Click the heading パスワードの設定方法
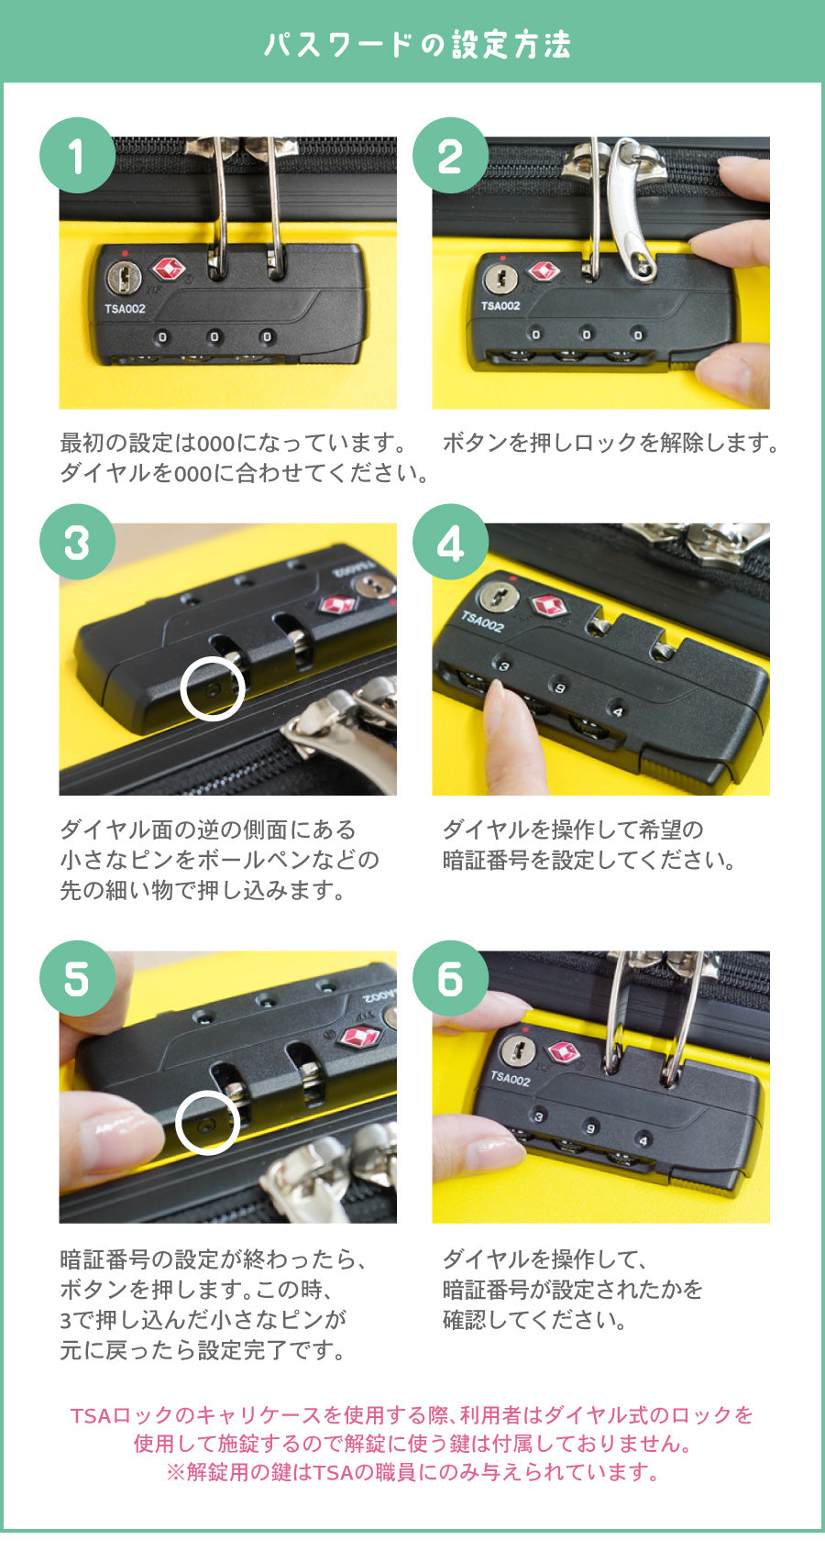coord(417,44)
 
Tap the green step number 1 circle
coord(77,156)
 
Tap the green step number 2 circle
coord(450,156)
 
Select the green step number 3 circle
coord(77,543)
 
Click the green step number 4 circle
coord(450,543)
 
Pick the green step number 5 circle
coord(77,979)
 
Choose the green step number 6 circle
coord(450,979)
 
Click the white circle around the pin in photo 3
coord(213,688)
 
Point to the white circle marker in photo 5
coord(207,1123)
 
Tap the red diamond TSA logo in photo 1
coord(168,269)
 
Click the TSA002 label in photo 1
coord(125,309)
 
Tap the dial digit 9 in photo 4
coord(559,687)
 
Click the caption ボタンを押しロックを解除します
coord(610,444)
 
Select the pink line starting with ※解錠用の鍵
coord(412,1472)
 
